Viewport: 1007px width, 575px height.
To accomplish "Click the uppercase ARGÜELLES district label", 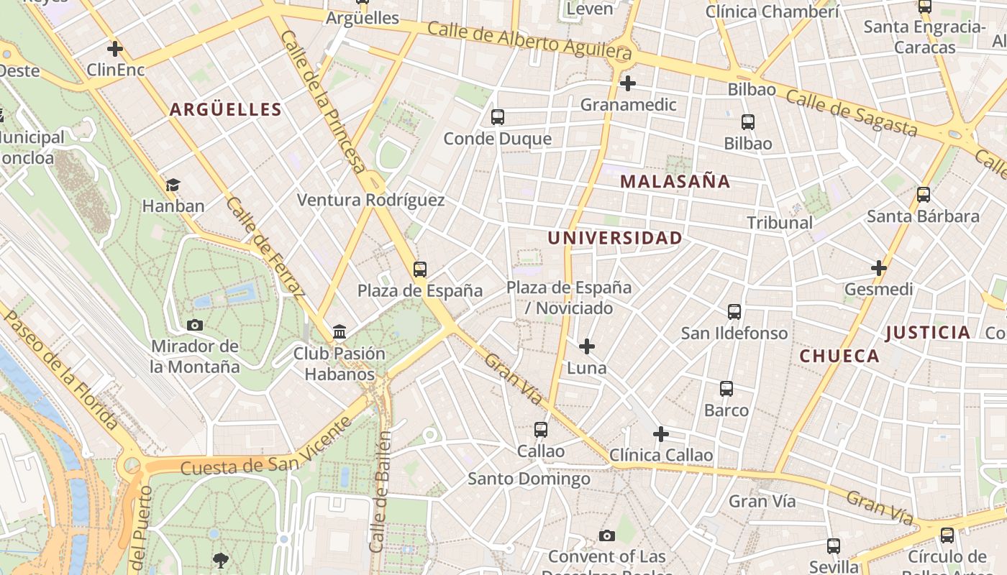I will coord(225,109).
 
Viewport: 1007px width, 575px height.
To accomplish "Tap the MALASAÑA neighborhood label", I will coord(675,182).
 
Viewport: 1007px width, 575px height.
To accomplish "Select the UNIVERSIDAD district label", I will coord(615,238).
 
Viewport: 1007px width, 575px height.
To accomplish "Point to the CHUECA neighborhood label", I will coord(839,356).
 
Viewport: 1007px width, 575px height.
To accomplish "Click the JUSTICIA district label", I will coord(928,332).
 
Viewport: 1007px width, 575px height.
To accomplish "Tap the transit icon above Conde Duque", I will coord(497,117).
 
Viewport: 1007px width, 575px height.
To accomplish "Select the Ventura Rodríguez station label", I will coord(371,200).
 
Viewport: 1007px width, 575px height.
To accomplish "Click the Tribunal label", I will coord(780,223).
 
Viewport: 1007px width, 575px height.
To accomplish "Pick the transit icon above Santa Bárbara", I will coord(924,195).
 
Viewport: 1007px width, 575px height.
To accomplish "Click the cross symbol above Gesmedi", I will coord(878,268).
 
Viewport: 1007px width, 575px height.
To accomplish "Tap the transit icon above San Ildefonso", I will coord(734,312).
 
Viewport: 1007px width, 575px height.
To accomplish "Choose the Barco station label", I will coord(726,410).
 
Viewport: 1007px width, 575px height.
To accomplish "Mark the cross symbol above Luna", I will coord(587,346).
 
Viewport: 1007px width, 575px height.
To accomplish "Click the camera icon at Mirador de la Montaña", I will coord(195,325).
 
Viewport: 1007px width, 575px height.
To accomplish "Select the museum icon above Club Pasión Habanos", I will coord(340,332).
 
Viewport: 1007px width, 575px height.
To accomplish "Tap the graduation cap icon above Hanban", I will coord(173,185).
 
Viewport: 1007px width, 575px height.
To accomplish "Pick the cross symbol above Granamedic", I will coord(628,83).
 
